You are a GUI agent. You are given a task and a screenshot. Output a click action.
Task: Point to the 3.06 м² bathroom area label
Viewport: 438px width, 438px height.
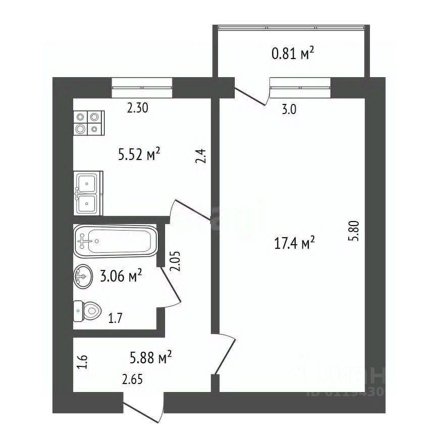(x=121, y=276)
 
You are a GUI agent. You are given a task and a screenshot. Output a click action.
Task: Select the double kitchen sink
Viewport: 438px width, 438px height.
(x=88, y=193)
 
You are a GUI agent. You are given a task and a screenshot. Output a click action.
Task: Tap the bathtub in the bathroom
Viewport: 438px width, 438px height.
(x=116, y=240)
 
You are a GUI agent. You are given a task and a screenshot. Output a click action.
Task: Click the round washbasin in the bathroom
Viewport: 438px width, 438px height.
(x=83, y=276)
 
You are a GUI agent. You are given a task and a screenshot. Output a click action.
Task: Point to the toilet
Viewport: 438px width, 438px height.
(x=86, y=311)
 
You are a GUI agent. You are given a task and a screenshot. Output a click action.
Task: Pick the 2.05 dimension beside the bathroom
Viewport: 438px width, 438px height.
(x=175, y=262)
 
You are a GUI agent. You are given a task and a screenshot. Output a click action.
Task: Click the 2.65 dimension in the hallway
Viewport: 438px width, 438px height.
(x=133, y=379)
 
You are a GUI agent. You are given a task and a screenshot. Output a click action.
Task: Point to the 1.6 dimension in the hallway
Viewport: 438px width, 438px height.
(x=84, y=363)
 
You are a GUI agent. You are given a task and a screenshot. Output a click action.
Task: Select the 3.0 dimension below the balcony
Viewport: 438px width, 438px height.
(x=289, y=111)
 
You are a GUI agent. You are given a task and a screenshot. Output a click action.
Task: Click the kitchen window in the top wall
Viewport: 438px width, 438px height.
(x=141, y=87)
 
